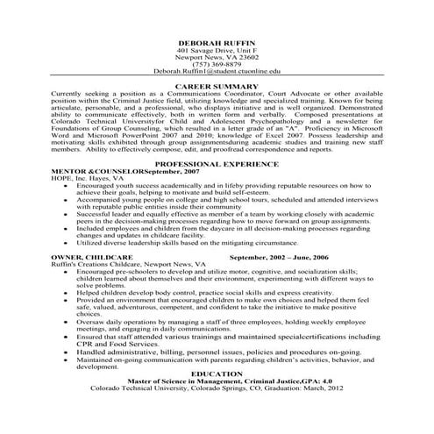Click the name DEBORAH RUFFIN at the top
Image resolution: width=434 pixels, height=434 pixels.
point(216,43)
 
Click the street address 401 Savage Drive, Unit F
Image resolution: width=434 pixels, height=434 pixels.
point(216,51)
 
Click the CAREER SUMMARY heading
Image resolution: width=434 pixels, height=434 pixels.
point(216,87)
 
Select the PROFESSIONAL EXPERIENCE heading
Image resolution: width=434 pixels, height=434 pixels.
point(216,164)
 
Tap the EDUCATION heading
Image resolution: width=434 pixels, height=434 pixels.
point(216,374)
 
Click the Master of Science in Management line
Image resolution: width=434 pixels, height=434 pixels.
point(216,381)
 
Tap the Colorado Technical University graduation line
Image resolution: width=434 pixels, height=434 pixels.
point(216,388)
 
